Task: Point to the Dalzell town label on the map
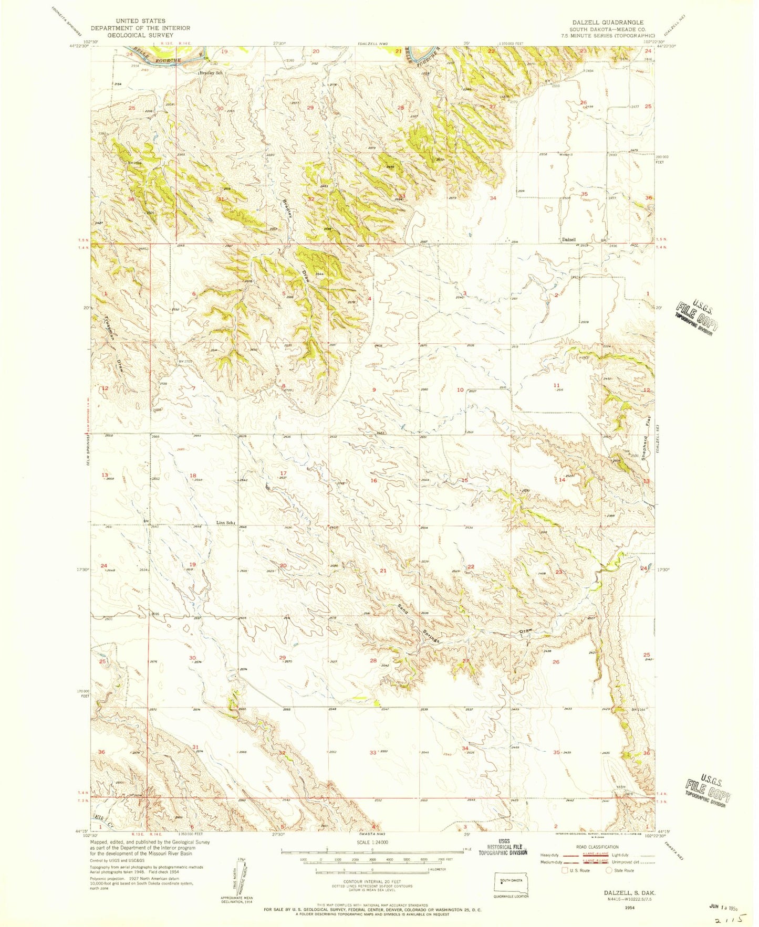click(569, 240)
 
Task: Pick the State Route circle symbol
click(609, 870)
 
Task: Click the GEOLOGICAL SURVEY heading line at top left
click(140, 36)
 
